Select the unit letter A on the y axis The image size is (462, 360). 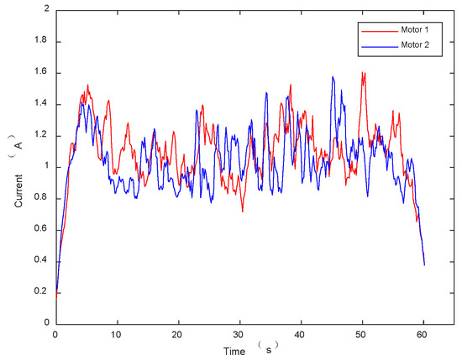(18, 144)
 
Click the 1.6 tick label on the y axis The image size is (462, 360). (42, 73)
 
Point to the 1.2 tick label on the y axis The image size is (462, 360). (42, 136)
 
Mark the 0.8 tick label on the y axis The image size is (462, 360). (42, 198)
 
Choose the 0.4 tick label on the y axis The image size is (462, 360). (42, 261)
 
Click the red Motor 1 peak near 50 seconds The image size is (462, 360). (363, 72)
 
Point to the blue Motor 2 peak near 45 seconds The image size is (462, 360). (333, 77)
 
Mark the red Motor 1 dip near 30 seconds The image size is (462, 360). (242, 211)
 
